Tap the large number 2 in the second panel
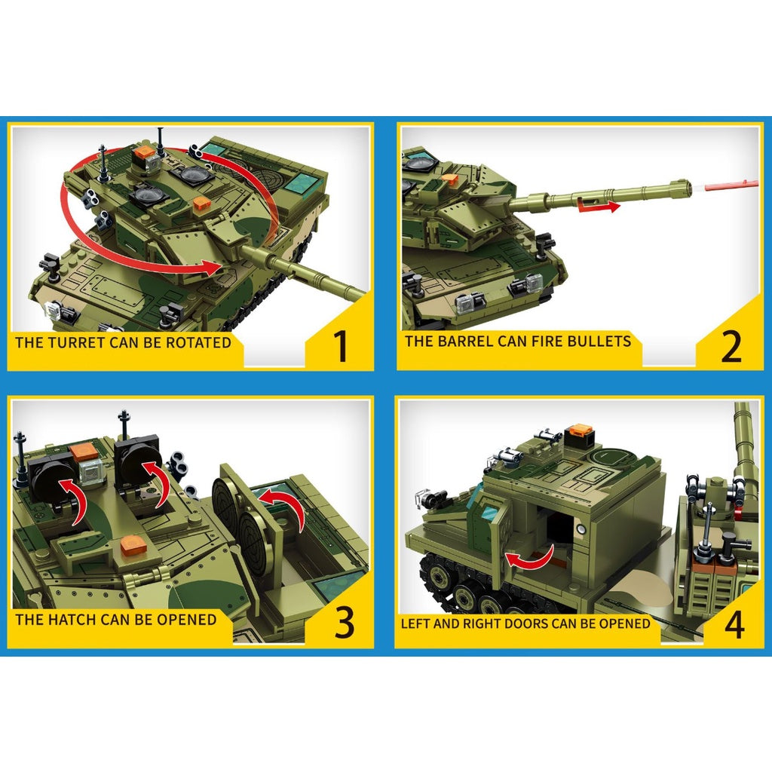[x=731, y=346]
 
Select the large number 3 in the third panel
[x=344, y=622]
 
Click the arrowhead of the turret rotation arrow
[x=213, y=268]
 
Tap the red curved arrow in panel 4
[x=529, y=559]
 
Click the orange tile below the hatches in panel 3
[x=132, y=546]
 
